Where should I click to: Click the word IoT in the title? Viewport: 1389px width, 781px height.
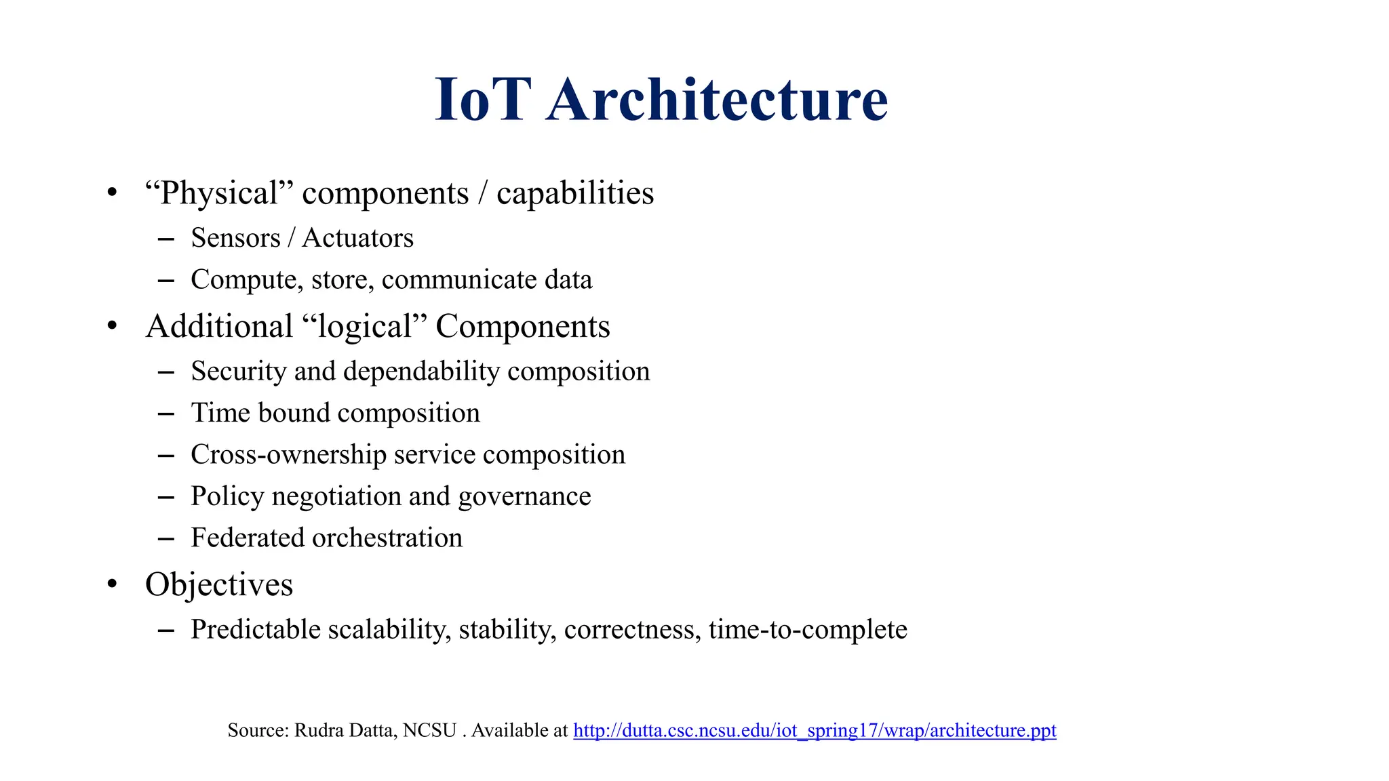pyautogui.click(x=480, y=100)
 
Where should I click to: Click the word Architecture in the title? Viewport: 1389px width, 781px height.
pyautogui.click(x=717, y=100)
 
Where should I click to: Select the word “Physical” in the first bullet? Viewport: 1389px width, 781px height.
pyautogui.click(x=219, y=194)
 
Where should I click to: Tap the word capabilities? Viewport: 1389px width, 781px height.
pyautogui.click(x=575, y=194)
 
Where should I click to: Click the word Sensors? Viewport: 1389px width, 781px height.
pyautogui.click(x=235, y=238)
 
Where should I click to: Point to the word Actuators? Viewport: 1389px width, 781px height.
pyautogui.click(x=357, y=238)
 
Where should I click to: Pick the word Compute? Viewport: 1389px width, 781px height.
pyautogui.click(x=247, y=280)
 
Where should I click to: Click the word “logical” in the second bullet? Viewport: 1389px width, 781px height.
pyautogui.click(x=364, y=327)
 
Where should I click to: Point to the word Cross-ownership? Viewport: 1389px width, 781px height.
pyautogui.click(x=288, y=455)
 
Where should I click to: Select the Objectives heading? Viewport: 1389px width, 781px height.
pyautogui.click(x=219, y=584)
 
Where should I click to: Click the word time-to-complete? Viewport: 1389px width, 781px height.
pyautogui.click(x=808, y=630)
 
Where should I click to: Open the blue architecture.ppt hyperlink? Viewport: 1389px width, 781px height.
pyautogui.click(x=815, y=730)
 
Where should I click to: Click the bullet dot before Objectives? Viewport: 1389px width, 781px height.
pyautogui.click(x=113, y=584)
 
